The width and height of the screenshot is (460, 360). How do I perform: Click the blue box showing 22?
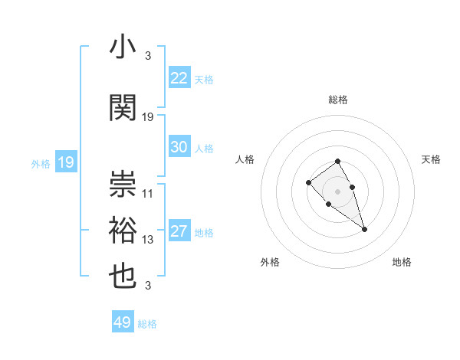click(179, 78)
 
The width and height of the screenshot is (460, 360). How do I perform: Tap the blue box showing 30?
click(179, 147)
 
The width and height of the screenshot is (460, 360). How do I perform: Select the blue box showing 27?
click(179, 232)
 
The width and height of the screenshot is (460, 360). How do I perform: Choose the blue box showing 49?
click(123, 322)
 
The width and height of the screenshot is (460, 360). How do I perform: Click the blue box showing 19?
click(65, 162)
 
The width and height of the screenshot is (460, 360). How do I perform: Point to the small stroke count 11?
click(148, 194)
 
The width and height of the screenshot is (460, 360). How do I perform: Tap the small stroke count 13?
click(148, 240)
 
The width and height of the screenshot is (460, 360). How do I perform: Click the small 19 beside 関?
click(148, 117)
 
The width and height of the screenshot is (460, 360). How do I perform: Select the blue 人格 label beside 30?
click(203, 149)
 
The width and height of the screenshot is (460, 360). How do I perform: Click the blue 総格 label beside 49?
click(147, 324)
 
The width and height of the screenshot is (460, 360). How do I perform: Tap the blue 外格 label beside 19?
click(41, 163)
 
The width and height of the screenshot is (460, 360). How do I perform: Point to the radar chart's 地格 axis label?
click(402, 262)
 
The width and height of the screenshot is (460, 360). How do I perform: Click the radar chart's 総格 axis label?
click(338, 100)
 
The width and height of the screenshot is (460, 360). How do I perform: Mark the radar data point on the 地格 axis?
click(364, 229)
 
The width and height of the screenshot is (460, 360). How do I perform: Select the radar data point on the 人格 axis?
click(308, 182)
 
